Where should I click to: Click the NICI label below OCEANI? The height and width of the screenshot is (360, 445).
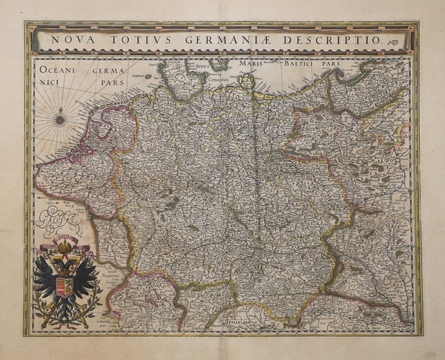coord(47,84)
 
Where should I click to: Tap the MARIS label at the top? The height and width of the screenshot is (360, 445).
coord(251,65)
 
